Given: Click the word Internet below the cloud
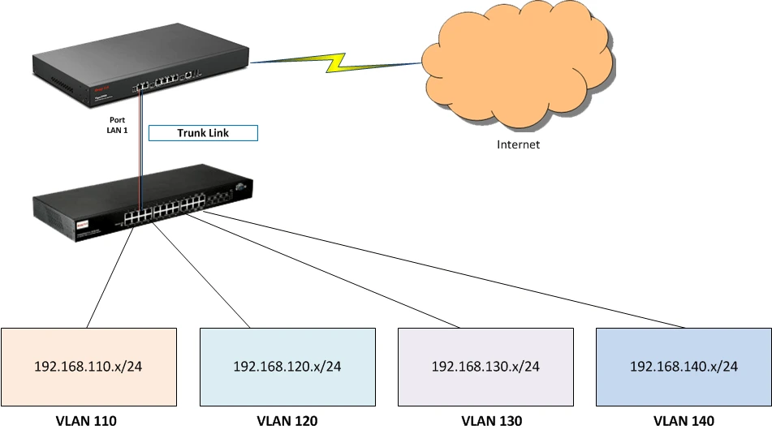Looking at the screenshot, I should [519, 145].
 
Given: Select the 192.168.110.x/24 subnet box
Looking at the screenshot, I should [88, 366].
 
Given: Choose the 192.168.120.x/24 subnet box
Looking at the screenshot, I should [287, 366].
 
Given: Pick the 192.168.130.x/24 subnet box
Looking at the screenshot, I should [485, 366].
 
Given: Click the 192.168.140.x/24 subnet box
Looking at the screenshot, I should [684, 366].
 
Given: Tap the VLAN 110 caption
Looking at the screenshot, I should [86, 420].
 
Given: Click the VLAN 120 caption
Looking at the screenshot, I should [287, 420].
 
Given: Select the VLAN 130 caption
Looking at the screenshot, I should [486, 420].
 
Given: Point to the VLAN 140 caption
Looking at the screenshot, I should [684, 420].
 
